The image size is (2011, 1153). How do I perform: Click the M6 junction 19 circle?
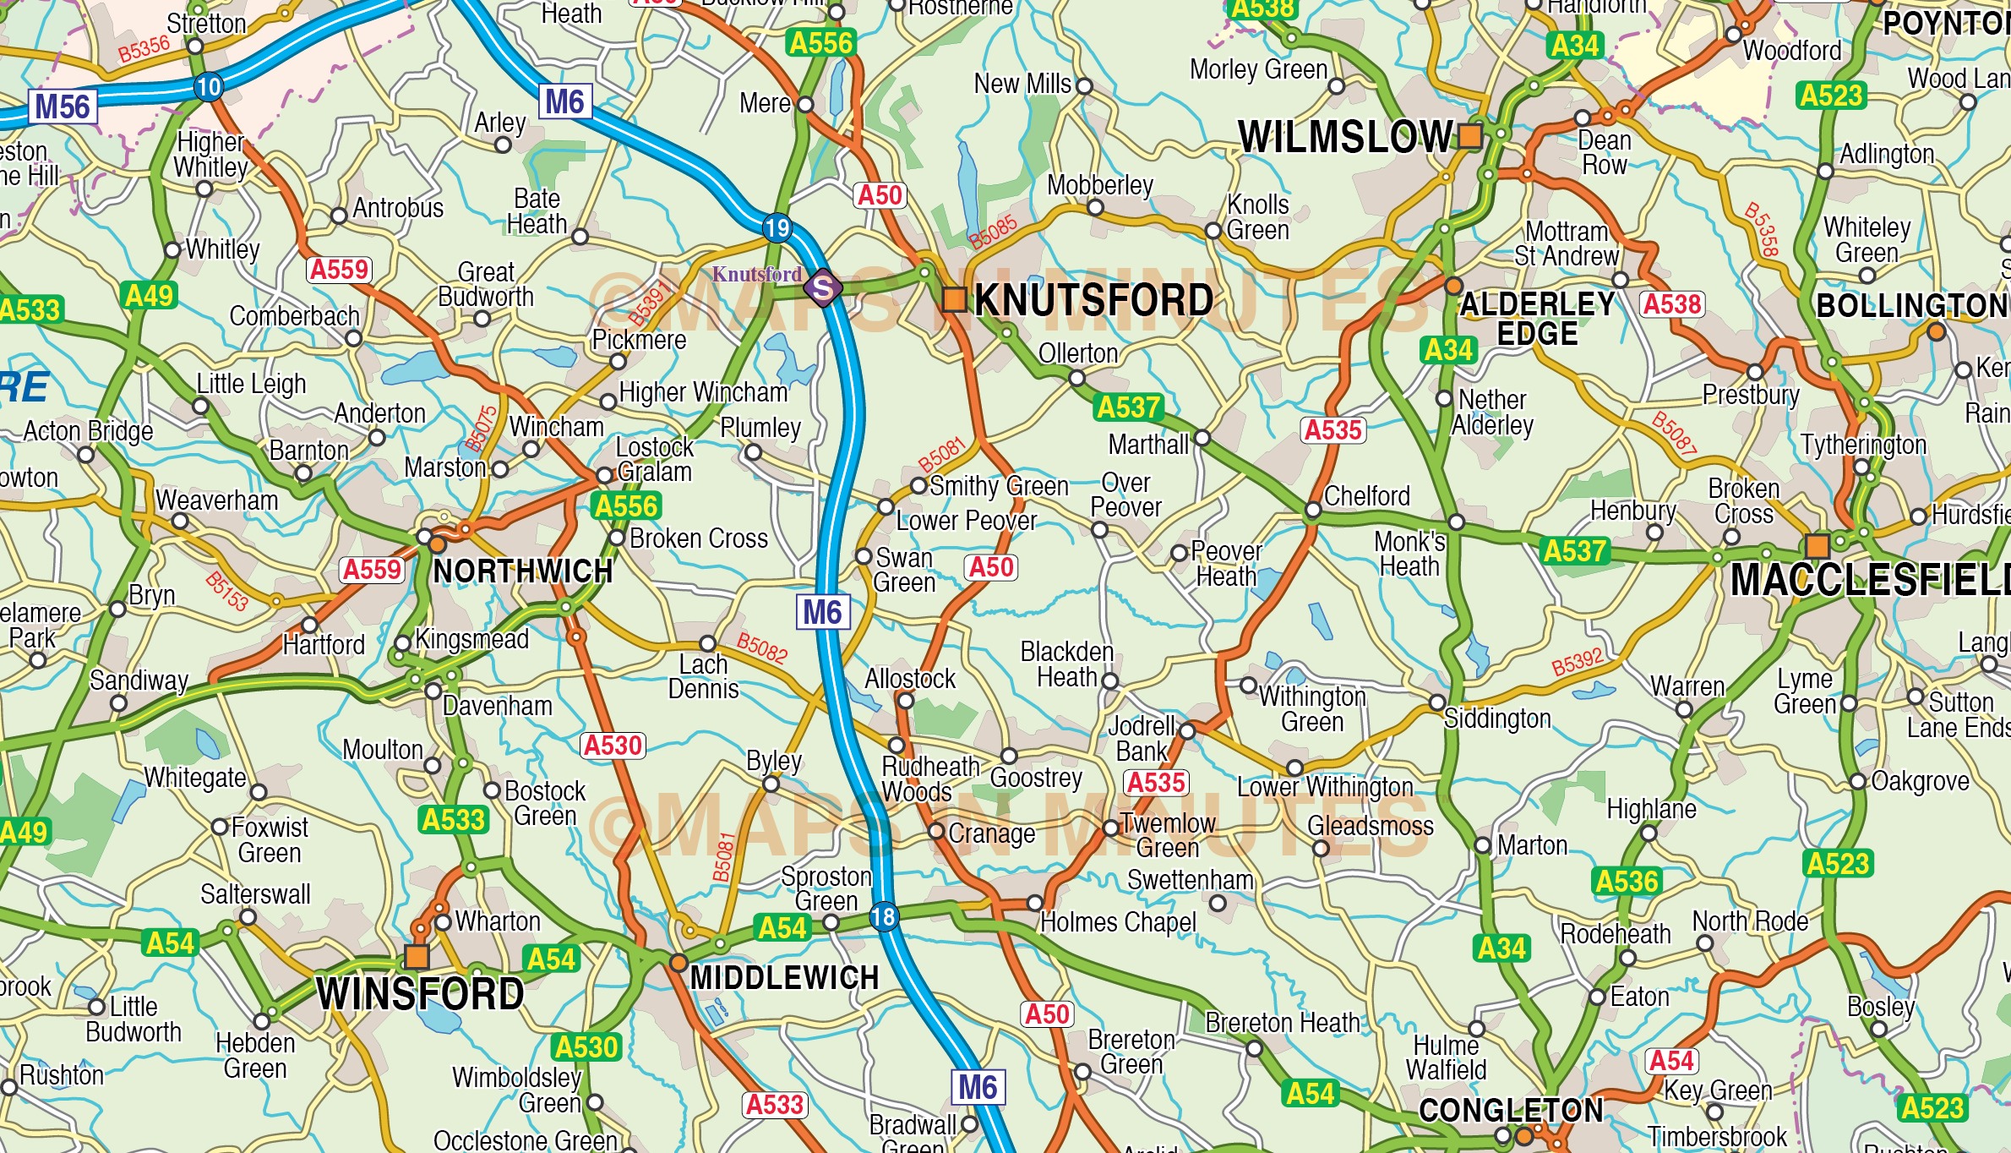click(x=777, y=227)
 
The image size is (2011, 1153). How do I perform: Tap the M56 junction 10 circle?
click(x=208, y=86)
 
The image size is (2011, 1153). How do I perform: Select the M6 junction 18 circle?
click(x=883, y=916)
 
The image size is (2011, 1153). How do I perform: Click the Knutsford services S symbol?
click(x=822, y=288)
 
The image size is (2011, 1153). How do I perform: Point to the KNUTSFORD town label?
click(x=1093, y=301)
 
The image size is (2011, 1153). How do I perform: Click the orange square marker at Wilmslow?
click(x=1470, y=135)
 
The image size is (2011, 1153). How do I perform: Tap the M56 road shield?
click(x=63, y=107)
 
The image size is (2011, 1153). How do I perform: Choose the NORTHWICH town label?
click(x=522, y=572)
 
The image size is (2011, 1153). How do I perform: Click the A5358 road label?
click(x=1763, y=229)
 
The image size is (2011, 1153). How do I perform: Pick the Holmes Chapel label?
click(x=1118, y=922)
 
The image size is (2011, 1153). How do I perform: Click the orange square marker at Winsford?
click(x=417, y=956)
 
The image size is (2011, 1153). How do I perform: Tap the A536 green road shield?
click(x=1627, y=882)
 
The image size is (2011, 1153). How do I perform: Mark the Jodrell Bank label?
click(x=1141, y=739)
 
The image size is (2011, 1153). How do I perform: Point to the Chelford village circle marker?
click(x=1313, y=510)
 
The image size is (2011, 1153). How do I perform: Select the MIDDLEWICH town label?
click(x=784, y=978)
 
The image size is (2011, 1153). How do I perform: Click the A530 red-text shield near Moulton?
click(x=613, y=746)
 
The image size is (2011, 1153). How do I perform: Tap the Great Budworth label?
click(x=486, y=285)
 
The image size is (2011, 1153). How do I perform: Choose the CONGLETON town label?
click(x=1510, y=1110)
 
